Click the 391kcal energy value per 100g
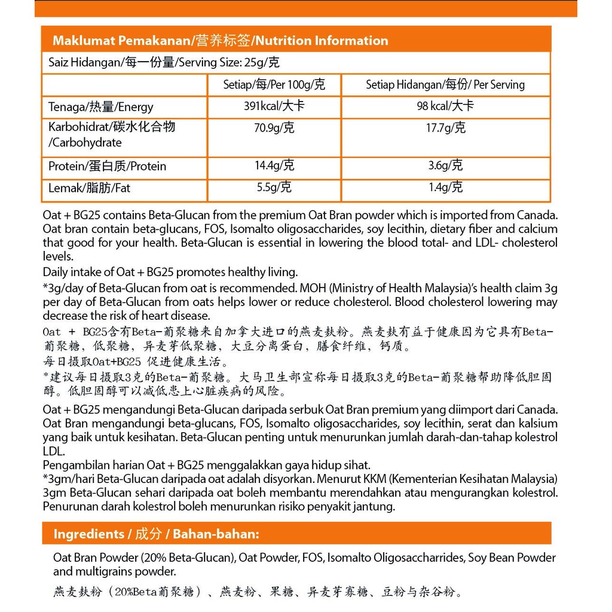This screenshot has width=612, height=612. (x=274, y=106)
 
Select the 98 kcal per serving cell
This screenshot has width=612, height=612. (x=445, y=106)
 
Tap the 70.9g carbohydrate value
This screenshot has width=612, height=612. (x=274, y=127)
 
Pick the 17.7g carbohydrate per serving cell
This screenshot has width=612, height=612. (x=445, y=127)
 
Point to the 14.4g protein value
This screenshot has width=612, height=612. (x=274, y=166)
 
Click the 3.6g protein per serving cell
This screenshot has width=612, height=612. (x=445, y=166)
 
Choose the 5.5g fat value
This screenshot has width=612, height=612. (x=274, y=188)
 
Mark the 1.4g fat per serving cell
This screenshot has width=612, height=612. (x=445, y=188)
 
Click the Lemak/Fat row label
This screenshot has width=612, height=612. (x=90, y=188)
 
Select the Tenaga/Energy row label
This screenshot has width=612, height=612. (x=100, y=107)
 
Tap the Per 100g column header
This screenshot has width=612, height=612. (x=274, y=84)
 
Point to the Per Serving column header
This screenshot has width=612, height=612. (x=445, y=84)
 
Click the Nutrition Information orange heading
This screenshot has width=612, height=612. (x=220, y=41)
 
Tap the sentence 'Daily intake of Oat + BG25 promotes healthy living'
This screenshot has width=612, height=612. (x=170, y=272)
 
